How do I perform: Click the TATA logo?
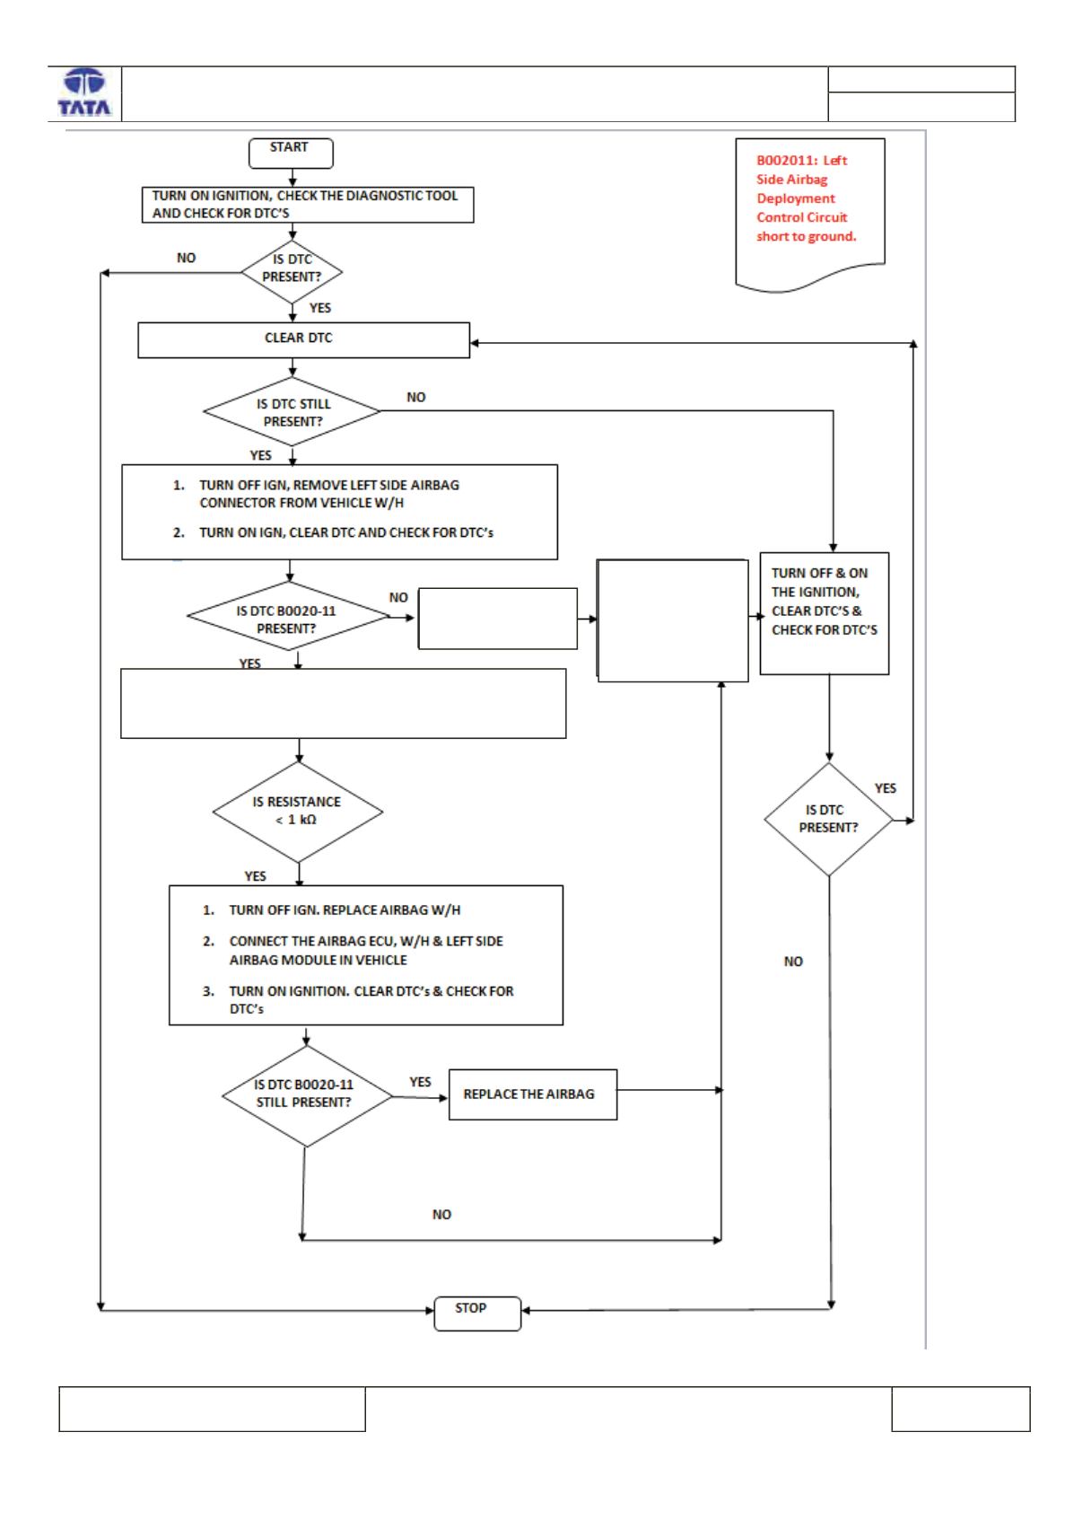pos(84,92)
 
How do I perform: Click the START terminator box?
pos(291,153)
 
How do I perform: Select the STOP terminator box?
pos(477,1314)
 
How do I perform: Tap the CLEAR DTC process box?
pos(303,340)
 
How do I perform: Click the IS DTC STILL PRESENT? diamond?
pos(293,412)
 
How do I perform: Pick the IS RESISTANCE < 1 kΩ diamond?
pos(298,812)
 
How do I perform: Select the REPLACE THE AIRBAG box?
pos(532,1094)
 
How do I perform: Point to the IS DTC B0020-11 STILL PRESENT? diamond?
pos(307,1096)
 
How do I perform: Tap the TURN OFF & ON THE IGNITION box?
pos(824,613)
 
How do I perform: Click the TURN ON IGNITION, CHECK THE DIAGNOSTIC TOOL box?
pos(308,205)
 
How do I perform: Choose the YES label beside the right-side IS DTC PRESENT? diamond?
pos(885,788)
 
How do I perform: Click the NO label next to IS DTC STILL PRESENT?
pos(415,398)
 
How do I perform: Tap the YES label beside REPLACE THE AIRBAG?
pos(420,1083)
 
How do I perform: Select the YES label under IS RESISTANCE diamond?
pos(255,876)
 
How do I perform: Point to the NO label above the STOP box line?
pos(441,1215)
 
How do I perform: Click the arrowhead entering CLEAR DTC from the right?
pos(475,343)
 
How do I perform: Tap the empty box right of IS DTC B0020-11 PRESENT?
pos(498,619)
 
